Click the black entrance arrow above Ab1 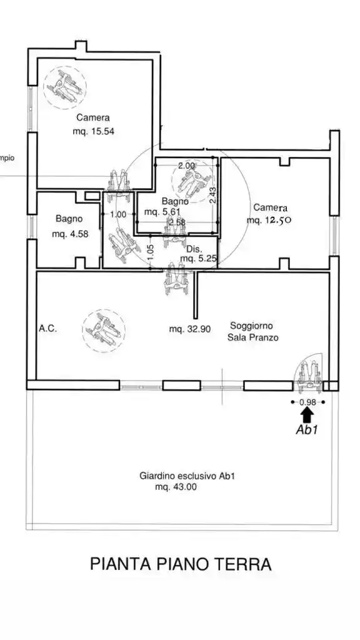(x=307, y=415)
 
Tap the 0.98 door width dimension (x=307, y=402)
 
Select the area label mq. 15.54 (x=93, y=131)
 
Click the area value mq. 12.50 (x=269, y=220)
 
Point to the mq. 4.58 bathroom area (x=70, y=234)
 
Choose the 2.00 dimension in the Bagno (x=186, y=166)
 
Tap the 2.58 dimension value (x=177, y=222)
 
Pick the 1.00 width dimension (x=118, y=214)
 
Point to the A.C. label (x=47, y=328)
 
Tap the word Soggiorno (x=251, y=326)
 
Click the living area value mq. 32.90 (x=190, y=329)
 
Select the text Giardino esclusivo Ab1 (x=187, y=476)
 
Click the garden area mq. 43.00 (x=176, y=487)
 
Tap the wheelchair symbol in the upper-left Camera (x=65, y=87)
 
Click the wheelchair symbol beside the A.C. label (x=104, y=331)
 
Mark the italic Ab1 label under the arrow (x=307, y=429)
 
